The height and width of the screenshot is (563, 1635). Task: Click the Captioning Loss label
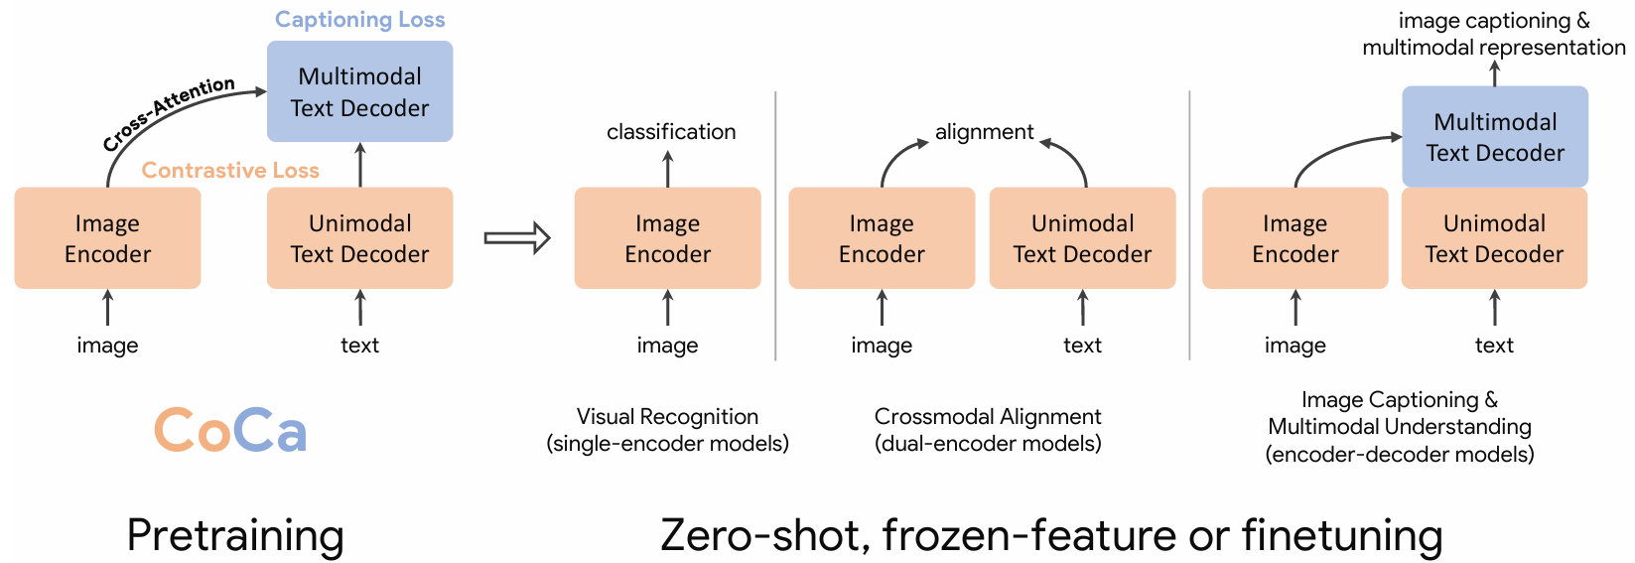(359, 20)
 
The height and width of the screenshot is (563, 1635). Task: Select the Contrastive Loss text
(230, 171)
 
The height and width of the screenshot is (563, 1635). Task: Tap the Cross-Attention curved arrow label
(169, 112)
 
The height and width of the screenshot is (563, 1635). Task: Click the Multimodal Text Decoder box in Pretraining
(359, 91)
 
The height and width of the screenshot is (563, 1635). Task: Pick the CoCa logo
(230, 430)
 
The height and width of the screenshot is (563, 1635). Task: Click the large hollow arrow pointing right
(516, 238)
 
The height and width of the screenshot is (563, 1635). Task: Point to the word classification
(671, 132)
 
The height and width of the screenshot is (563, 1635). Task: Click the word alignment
(984, 132)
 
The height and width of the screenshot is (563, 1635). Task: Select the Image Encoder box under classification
(667, 238)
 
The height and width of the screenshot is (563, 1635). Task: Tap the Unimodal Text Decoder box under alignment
(1082, 238)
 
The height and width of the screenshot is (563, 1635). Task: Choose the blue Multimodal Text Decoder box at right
(1494, 137)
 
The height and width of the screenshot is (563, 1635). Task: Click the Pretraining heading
(235, 535)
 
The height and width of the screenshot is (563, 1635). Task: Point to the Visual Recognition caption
(667, 417)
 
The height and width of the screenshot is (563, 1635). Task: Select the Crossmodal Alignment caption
(988, 417)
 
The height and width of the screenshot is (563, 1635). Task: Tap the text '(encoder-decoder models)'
(1399, 455)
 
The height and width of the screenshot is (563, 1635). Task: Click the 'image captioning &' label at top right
(1493, 21)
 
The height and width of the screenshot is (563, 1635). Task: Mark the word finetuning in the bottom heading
(1341, 535)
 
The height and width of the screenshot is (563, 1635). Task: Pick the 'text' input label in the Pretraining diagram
(359, 346)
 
